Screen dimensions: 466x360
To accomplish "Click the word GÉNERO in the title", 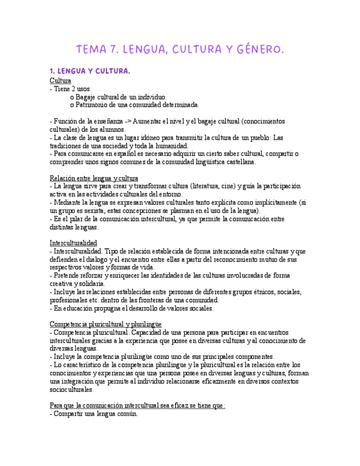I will point(257,50).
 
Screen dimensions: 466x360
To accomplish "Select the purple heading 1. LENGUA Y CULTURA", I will point(90,71).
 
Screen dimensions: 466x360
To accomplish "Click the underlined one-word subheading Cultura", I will point(60,80).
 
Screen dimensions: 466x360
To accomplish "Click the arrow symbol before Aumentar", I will point(128,121).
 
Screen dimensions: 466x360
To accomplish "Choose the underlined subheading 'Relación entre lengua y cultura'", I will point(94,179).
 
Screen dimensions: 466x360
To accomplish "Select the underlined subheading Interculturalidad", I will point(74,243).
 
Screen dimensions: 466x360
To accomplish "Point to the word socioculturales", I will point(71,389).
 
